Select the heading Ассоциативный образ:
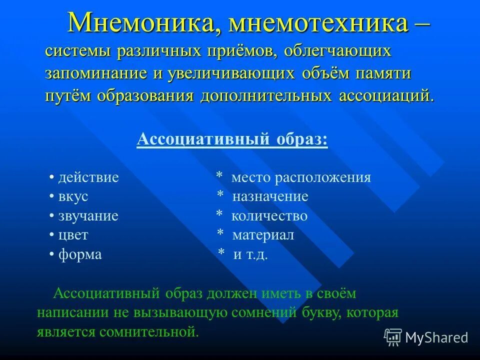point(232,139)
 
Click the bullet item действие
point(88,178)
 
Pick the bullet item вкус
point(73,197)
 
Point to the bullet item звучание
point(88,216)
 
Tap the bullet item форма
point(80,254)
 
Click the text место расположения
point(301,178)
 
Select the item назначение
point(270,197)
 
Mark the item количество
point(269,216)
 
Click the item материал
point(263,235)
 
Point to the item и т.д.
point(250,254)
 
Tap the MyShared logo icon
point(393,337)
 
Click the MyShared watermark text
point(436,338)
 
